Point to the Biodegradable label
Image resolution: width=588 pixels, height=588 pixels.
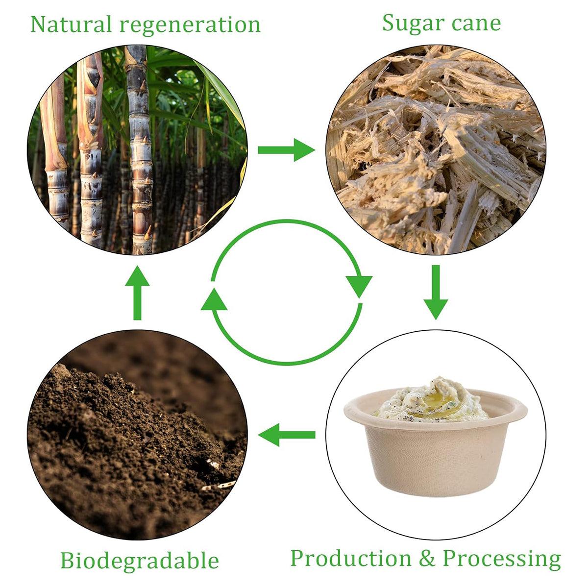[x=139, y=560]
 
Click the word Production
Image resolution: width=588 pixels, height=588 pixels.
[x=350, y=559]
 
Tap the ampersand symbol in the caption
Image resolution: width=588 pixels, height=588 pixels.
[x=427, y=559]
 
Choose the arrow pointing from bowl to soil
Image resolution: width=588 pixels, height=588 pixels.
[x=287, y=435]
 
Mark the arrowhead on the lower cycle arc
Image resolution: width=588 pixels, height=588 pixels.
[x=214, y=299]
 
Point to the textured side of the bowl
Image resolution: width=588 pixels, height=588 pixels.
[x=431, y=456]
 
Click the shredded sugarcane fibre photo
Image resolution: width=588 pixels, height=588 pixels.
[x=436, y=149]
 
